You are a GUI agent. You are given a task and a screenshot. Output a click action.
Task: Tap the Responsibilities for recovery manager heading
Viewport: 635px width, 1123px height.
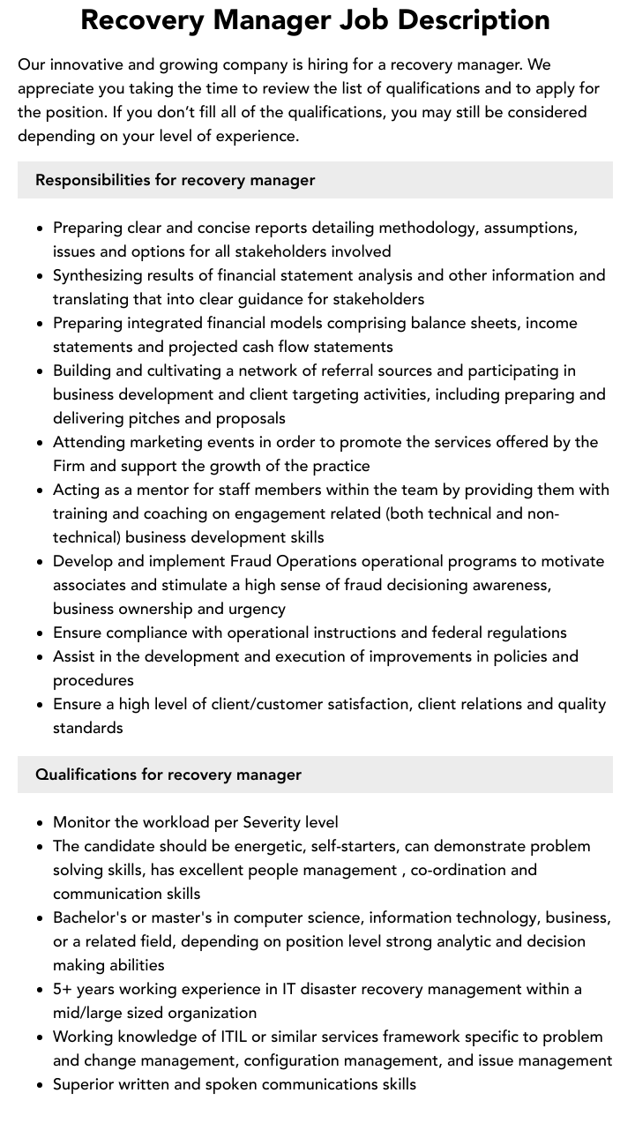pos(175,180)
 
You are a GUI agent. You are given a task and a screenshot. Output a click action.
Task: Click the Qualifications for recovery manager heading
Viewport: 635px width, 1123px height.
pos(168,775)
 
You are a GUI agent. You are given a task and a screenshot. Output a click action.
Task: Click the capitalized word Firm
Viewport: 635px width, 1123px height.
pos(70,466)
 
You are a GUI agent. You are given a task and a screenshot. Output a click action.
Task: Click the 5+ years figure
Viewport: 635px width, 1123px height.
pos(84,989)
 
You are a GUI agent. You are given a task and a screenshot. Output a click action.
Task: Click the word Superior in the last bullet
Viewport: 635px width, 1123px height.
pos(86,1084)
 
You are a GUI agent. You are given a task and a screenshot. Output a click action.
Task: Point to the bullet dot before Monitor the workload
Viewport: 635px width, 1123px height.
pos(41,823)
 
